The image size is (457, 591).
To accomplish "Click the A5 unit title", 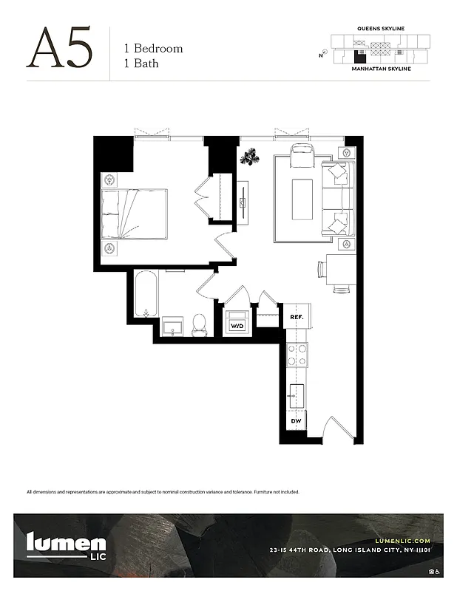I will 60,49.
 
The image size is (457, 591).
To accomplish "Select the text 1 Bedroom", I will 153,48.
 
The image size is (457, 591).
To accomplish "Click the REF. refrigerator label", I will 297,317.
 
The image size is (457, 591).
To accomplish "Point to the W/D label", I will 237,325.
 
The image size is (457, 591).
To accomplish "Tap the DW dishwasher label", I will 296,421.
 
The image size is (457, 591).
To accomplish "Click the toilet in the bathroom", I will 199,324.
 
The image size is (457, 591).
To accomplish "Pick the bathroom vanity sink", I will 174,326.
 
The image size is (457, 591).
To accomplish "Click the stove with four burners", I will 297,355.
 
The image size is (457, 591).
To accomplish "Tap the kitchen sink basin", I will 297,395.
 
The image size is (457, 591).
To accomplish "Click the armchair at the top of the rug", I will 303,157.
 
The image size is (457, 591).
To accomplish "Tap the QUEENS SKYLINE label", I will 380,28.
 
